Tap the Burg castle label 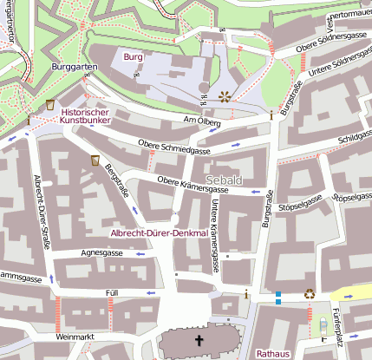point(133,57)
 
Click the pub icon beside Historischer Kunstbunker point(50,104)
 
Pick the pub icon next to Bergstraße point(95,160)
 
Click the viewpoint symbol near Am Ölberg point(225,96)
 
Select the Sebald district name point(225,180)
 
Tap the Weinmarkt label point(72,335)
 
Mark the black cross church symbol point(199,341)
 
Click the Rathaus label point(272,353)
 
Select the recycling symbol point(310,294)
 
